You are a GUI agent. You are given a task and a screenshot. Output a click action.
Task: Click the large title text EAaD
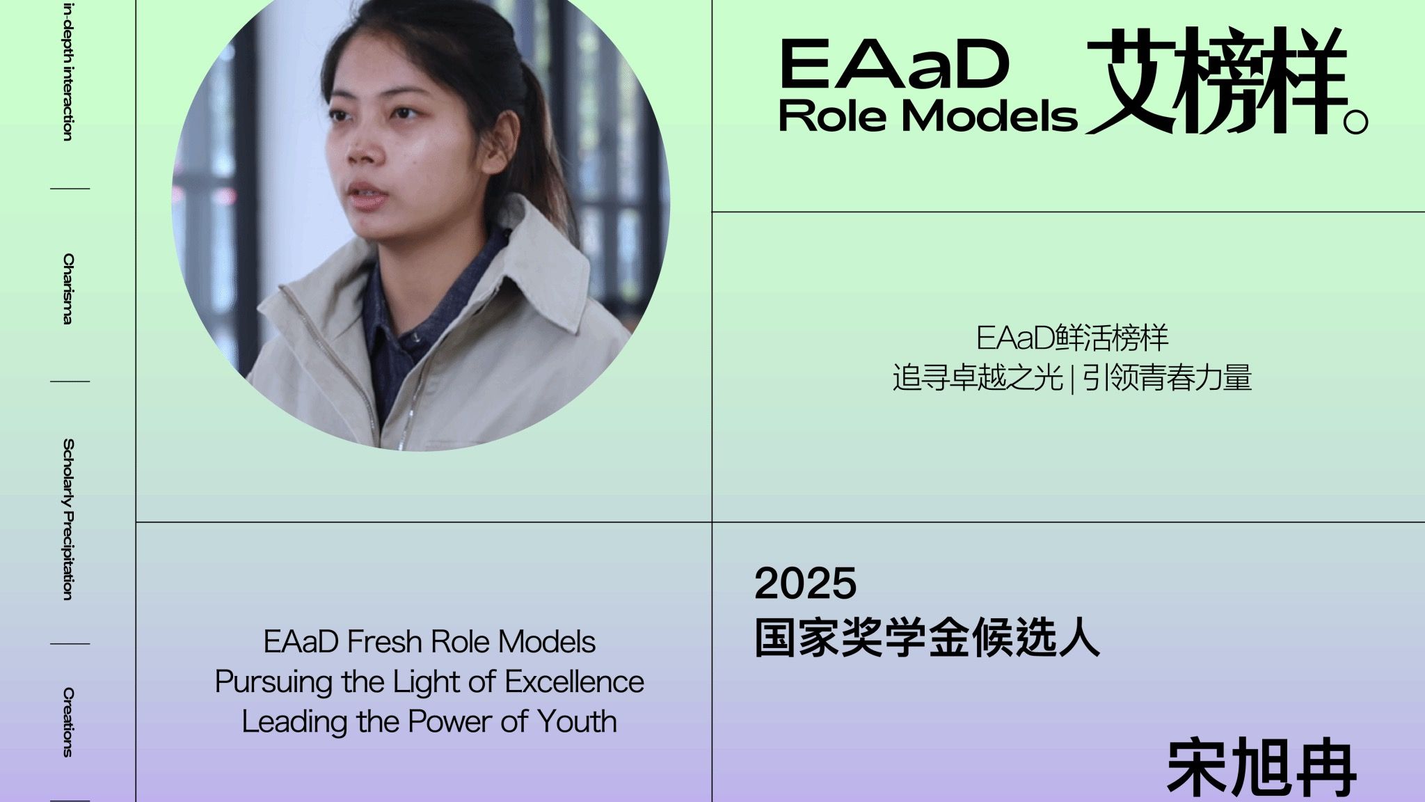(x=895, y=64)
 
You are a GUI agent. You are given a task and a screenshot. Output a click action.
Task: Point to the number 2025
(x=806, y=583)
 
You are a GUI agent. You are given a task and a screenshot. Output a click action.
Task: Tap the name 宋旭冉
(x=1261, y=769)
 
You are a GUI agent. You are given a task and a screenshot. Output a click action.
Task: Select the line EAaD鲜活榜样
(x=1072, y=338)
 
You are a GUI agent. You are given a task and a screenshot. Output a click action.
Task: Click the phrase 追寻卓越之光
(x=978, y=378)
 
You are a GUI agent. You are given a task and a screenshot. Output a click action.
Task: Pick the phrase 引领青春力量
(x=1167, y=378)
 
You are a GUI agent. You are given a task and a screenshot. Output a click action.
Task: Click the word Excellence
(x=574, y=682)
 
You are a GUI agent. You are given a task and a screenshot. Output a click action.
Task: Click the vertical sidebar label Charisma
(x=67, y=288)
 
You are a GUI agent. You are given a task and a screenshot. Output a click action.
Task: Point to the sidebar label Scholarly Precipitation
(x=67, y=519)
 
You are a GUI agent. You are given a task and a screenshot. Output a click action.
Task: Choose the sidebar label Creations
(x=67, y=722)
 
